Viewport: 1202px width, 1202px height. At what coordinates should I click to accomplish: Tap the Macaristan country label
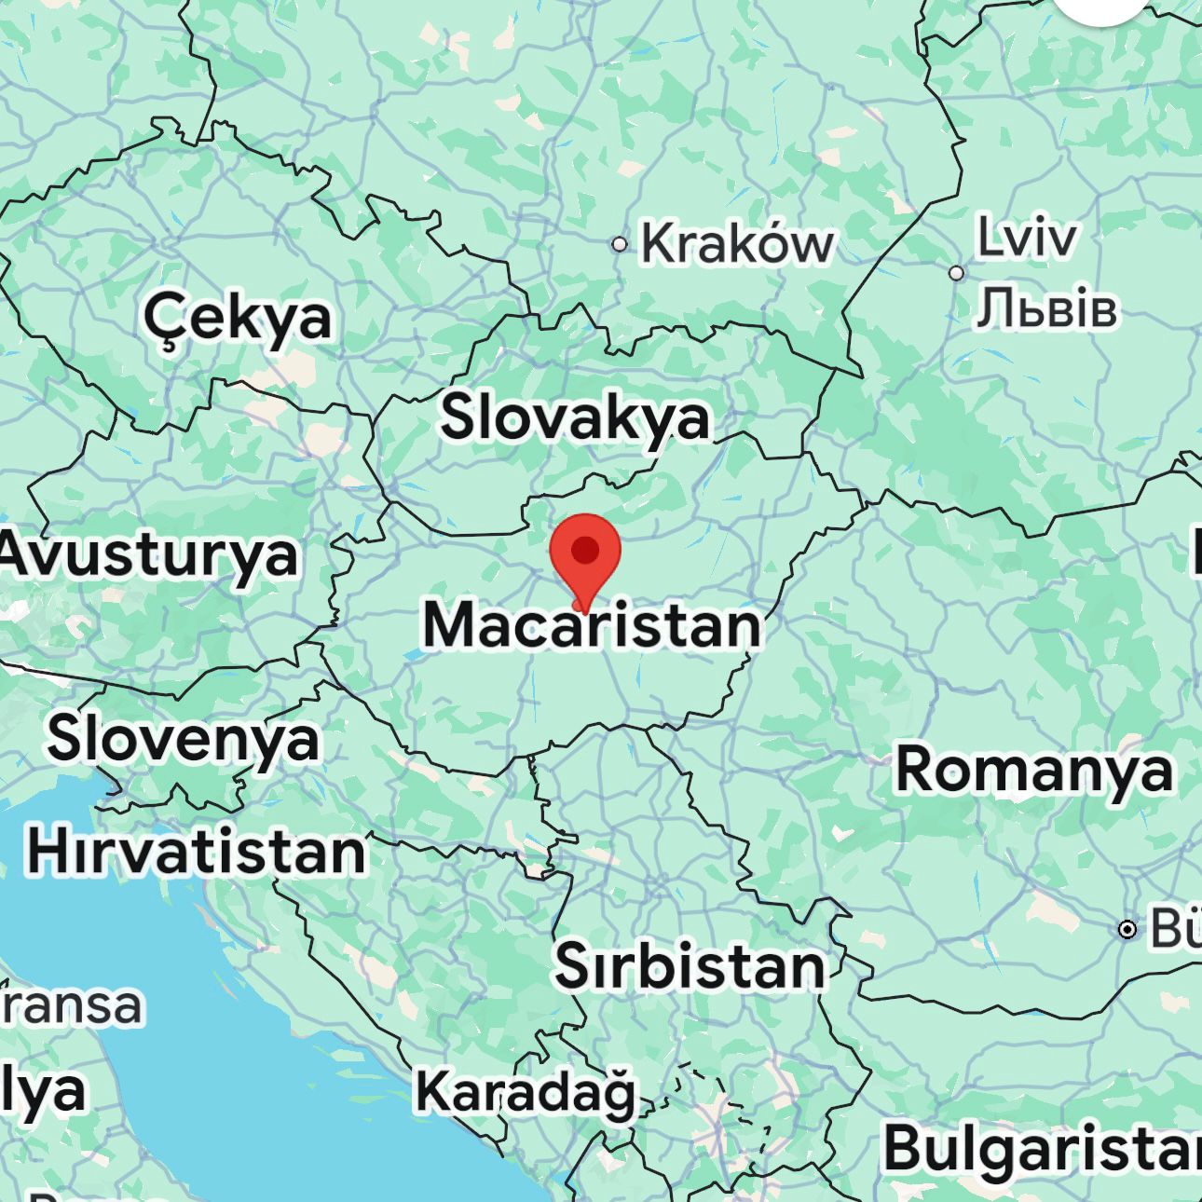coord(593,625)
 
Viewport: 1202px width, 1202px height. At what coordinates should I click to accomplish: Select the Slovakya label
coord(575,417)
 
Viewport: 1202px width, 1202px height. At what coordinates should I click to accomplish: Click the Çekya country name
coord(238,317)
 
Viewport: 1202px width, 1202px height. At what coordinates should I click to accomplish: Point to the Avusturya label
coord(149,554)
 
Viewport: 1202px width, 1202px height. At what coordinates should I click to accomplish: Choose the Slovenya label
coord(183,738)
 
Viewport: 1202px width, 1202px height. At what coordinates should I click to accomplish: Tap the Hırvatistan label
coord(197,852)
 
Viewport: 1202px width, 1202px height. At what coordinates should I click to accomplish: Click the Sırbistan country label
coord(690,966)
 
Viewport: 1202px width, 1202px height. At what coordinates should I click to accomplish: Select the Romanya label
coord(1033,771)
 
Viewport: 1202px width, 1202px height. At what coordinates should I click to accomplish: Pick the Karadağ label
coord(525,1091)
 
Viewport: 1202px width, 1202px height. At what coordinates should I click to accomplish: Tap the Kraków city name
coord(736,244)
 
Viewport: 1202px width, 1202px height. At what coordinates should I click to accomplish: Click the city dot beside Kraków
coord(619,244)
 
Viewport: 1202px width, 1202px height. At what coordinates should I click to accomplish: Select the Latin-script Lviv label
coord(1026,238)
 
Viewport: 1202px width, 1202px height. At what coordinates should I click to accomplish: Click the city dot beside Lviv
coord(956,273)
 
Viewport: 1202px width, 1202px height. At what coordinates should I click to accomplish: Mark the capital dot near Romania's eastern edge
coord(1127,929)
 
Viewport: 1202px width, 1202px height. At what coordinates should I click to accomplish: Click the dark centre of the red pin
coord(585,550)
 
